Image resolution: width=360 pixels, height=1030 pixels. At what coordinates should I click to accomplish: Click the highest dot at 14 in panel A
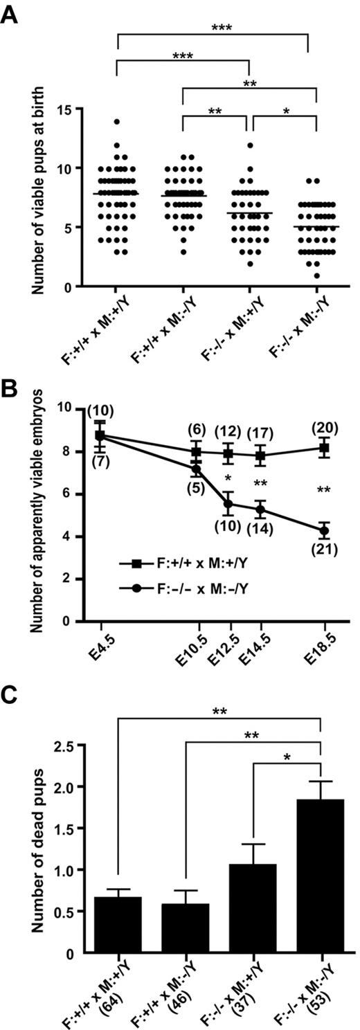click(x=118, y=122)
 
